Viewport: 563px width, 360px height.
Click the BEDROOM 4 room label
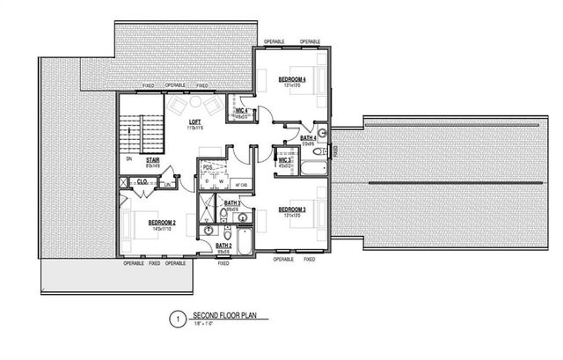click(x=291, y=80)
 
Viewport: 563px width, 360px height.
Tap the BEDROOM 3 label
click(x=291, y=209)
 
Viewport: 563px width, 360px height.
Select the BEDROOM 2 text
click(x=162, y=223)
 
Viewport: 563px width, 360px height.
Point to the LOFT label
click(x=193, y=123)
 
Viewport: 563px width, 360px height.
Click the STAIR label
click(x=152, y=160)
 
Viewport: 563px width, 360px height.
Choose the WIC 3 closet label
click(x=286, y=158)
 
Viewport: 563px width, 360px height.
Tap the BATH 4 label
click(x=308, y=138)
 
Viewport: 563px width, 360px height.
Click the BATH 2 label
click(x=223, y=246)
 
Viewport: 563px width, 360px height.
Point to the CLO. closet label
click(x=142, y=181)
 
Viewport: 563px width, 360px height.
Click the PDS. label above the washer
click(x=209, y=167)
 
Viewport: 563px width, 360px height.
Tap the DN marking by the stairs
click(x=129, y=159)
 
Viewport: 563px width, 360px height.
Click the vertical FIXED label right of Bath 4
click(x=335, y=151)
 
